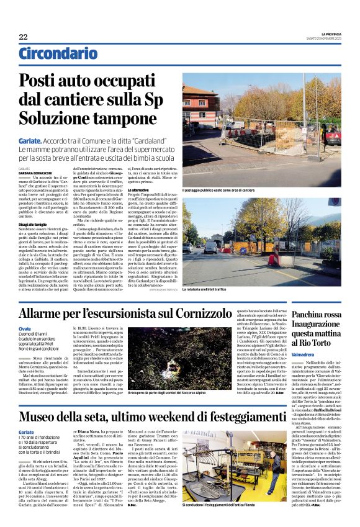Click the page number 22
pyautogui.click(x=23, y=37)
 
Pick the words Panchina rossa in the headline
pyautogui.click(x=315, y=315)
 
